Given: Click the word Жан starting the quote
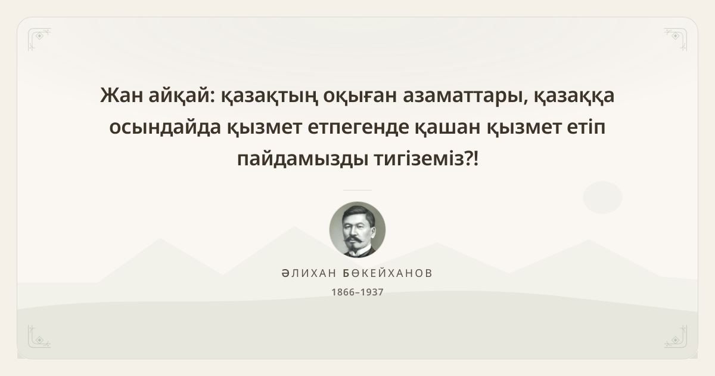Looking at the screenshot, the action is pos(122,95).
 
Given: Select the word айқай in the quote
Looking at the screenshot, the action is pos(182,95).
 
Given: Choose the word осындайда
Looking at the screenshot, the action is pos(165,127).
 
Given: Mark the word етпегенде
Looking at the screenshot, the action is pos(359,127).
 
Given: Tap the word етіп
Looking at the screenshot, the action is pos(586,127).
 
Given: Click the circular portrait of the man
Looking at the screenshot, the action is pos(357,230).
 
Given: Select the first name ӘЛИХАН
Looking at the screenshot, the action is pos(309,273).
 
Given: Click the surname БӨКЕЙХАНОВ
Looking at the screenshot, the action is pos(387,273).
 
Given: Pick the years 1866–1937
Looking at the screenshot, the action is pos(357,292).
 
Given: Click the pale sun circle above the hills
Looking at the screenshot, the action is pos(602,198).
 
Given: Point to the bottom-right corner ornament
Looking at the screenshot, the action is pos(676,337).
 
